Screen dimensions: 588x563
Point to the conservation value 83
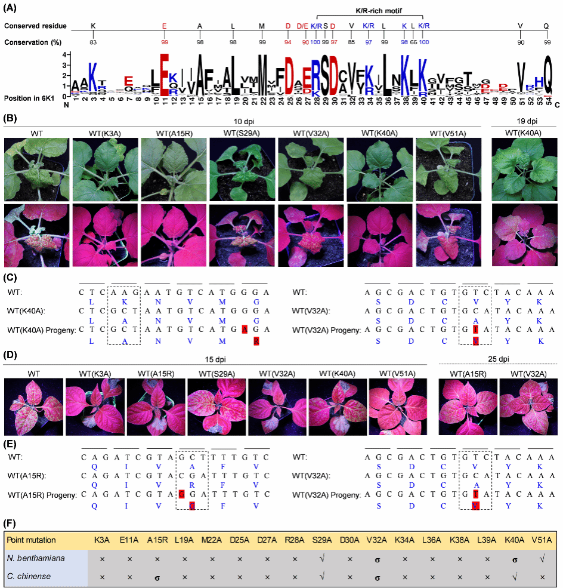pos(92,42)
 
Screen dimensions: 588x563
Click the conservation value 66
pos(413,42)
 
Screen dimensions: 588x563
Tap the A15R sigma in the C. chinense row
pos(157,577)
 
